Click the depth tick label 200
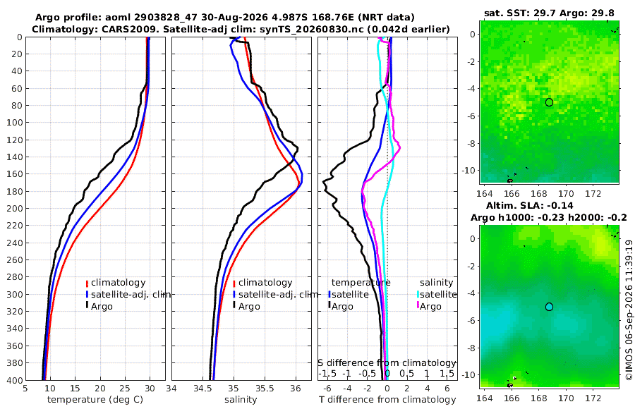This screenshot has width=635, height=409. click(15, 208)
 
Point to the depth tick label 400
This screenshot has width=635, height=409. click(15, 380)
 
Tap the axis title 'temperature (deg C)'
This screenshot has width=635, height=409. click(95, 400)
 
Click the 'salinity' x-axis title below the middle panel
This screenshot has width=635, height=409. click(241, 400)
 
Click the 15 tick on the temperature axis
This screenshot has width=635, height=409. click(75, 389)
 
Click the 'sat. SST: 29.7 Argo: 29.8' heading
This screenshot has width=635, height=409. click(549, 13)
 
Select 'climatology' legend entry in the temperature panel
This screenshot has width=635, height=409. click(118, 283)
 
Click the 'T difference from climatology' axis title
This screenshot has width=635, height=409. click(387, 400)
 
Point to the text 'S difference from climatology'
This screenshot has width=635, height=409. click(387, 363)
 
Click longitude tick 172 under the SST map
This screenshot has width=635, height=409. click(593, 193)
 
